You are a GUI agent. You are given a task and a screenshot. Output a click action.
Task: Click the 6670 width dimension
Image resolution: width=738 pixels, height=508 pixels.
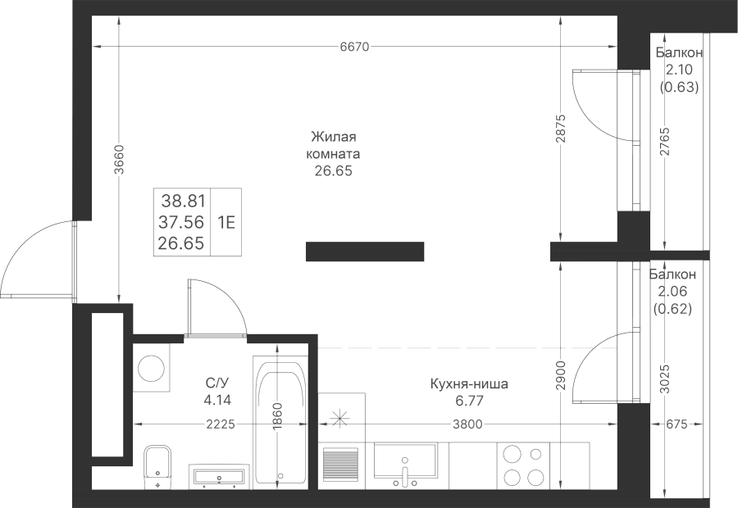tap(355, 47)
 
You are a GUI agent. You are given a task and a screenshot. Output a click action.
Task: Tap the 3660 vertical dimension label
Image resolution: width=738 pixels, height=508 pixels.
tap(119, 160)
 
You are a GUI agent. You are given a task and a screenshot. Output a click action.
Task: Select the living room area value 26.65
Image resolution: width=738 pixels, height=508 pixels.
tap(333, 170)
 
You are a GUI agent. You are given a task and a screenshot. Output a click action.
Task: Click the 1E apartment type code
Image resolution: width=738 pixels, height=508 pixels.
tap(226, 222)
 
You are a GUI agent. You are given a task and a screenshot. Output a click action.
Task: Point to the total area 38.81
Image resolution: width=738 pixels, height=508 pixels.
tap(184, 202)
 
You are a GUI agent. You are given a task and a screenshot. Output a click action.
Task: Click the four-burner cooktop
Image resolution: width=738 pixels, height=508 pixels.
tap(523, 466)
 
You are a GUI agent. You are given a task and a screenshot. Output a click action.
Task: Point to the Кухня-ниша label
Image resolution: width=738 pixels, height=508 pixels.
tap(469, 384)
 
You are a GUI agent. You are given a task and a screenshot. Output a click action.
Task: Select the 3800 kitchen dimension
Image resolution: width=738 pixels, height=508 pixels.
tap(467, 424)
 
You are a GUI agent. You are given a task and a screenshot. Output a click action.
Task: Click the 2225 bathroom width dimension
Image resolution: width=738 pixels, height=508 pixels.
tap(221, 424)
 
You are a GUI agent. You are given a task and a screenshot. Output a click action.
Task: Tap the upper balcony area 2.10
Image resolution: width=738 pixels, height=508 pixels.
tap(679, 70)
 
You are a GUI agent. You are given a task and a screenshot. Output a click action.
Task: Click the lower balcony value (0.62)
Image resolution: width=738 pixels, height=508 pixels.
tap(672, 309)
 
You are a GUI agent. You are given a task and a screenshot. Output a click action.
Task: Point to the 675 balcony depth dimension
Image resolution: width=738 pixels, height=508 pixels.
tap(676, 424)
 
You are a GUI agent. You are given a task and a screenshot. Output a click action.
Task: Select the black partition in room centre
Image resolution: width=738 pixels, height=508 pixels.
tap(365, 252)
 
